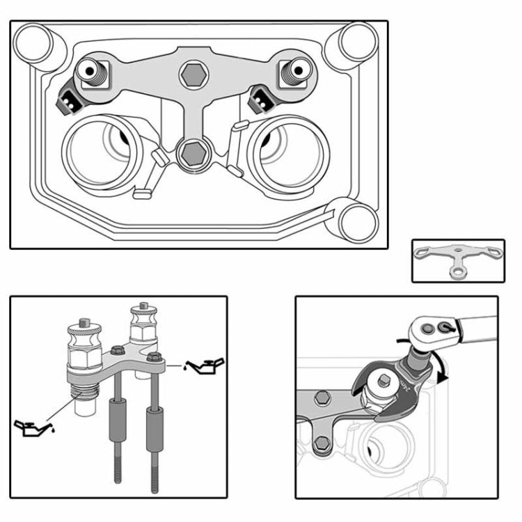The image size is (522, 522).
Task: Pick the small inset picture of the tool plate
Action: tap(457, 260)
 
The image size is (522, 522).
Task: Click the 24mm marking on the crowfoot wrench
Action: tap(407, 382)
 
